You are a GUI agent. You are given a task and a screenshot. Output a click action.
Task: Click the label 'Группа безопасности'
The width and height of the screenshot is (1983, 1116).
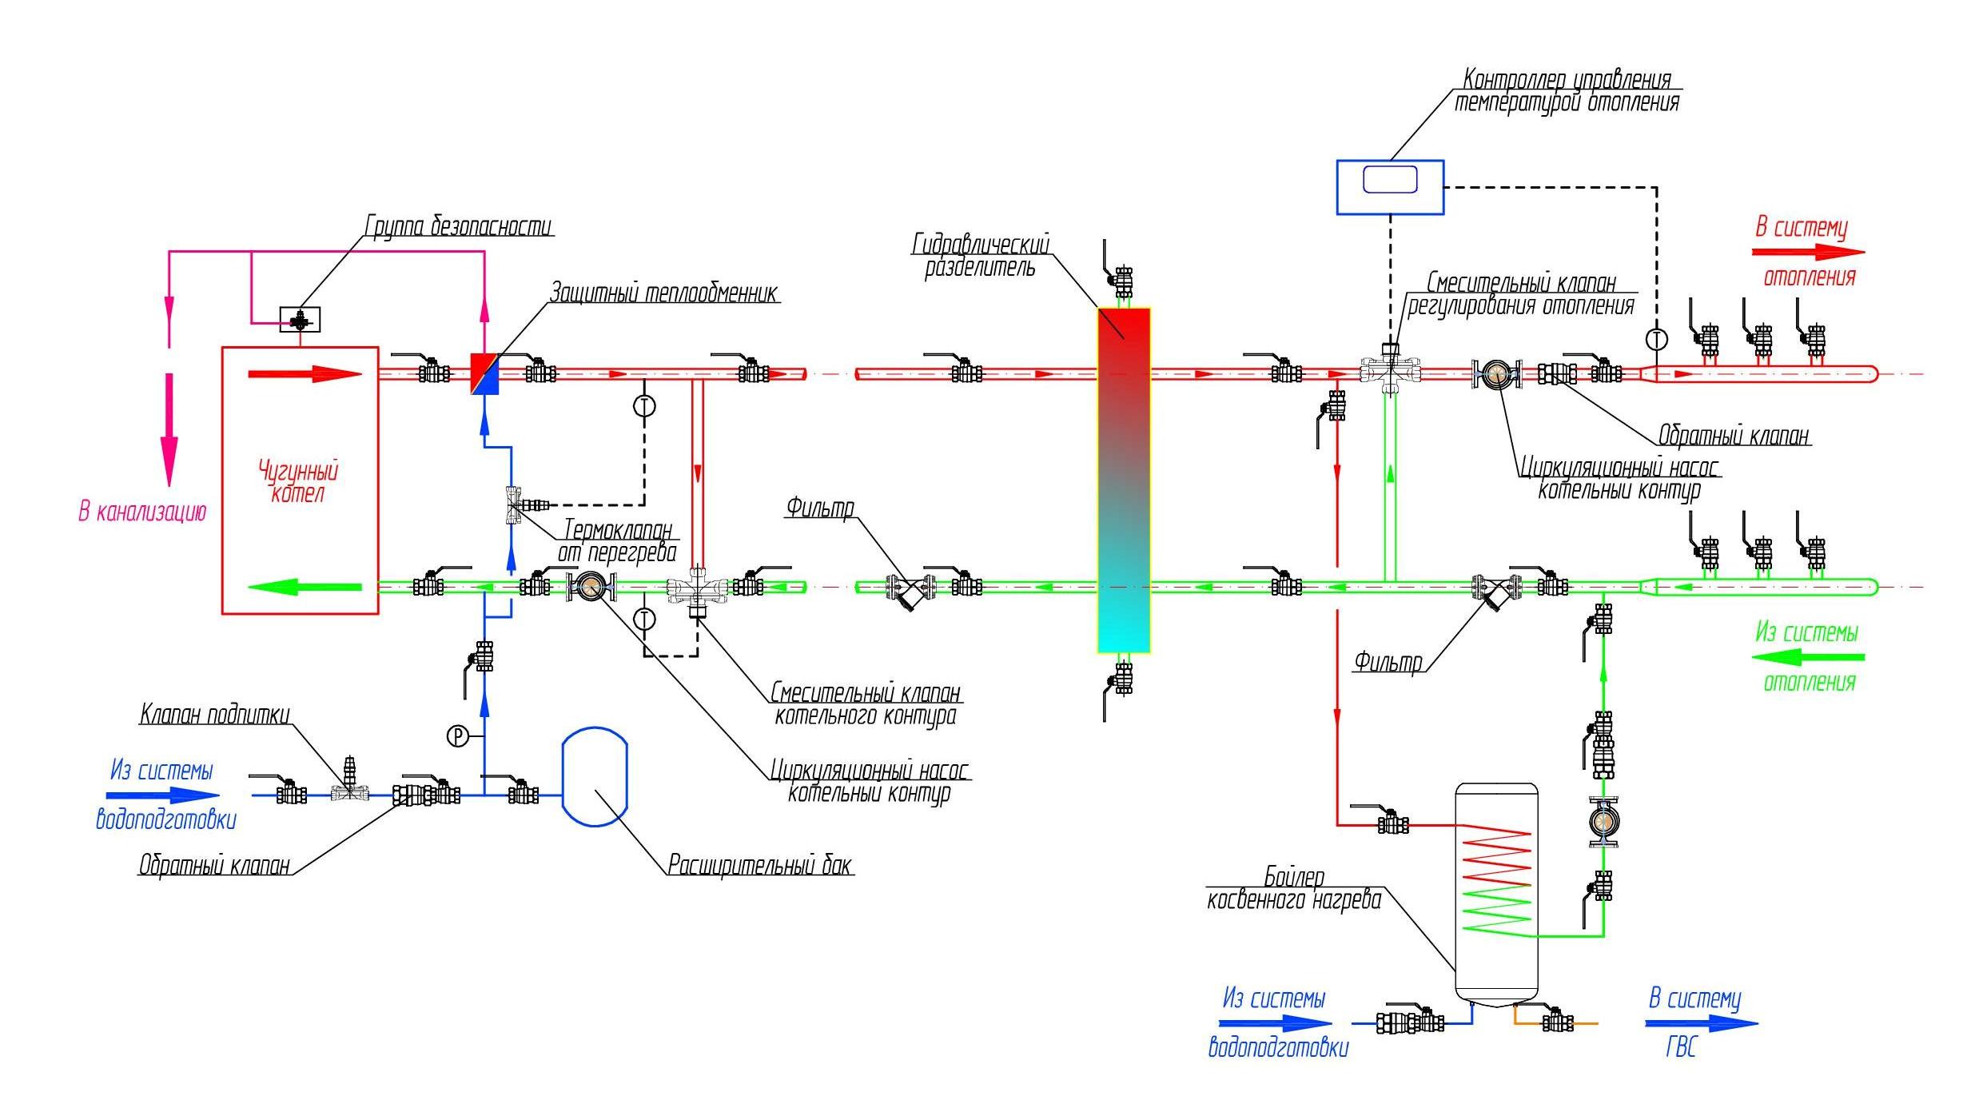[459, 226]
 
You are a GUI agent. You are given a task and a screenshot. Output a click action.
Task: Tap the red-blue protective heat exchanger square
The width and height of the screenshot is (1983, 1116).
[484, 374]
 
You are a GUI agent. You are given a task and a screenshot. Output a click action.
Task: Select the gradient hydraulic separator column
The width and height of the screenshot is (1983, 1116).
[1123, 480]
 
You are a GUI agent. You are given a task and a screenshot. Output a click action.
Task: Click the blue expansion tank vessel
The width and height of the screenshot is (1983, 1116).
[595, 776]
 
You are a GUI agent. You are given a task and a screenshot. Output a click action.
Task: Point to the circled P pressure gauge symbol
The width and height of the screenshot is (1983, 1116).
[457, 735]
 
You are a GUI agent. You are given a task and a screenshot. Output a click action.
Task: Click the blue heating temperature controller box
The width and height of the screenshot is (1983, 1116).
[1390, 187]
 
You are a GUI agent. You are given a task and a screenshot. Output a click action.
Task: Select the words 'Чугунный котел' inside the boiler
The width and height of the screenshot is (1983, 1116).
[298, 481]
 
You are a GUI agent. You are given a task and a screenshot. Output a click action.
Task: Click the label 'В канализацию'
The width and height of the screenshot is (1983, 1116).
[142, 512]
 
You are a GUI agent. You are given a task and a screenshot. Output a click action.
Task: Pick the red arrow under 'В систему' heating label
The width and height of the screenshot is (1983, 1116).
[1808, 252]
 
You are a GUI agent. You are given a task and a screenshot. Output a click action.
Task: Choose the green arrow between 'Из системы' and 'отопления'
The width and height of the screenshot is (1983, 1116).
[1808, 657]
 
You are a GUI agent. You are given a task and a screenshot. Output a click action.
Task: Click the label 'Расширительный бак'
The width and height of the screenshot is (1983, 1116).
[760, 865]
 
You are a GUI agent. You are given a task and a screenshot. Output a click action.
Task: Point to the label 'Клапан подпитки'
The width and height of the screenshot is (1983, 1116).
[215, 714]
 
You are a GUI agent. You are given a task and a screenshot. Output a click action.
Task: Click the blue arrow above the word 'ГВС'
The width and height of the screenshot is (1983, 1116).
[1702, 1023]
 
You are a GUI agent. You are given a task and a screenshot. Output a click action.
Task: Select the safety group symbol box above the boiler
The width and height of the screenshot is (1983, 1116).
[300, 320]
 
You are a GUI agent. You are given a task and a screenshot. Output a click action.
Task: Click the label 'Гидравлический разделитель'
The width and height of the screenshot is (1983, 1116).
[981, 255]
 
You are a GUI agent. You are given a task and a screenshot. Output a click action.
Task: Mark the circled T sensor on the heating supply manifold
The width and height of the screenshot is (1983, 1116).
[1657, 339]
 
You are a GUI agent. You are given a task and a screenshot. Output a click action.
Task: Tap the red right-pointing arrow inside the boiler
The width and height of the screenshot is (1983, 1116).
[305, 373]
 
